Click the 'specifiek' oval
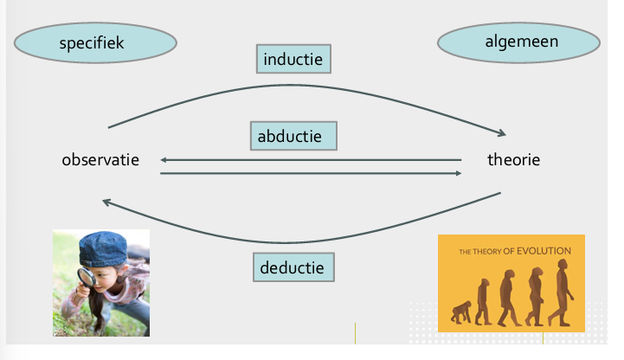coord(95,42)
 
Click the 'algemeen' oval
coord(518,42)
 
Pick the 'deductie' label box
coord(293,267)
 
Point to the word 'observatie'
coord(100,159)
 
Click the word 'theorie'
coord(513,159)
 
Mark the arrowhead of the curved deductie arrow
coord(106,202)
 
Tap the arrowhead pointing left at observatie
coord(164,159)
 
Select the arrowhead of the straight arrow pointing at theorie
coord(458,174)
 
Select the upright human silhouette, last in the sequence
coord(563,295)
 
